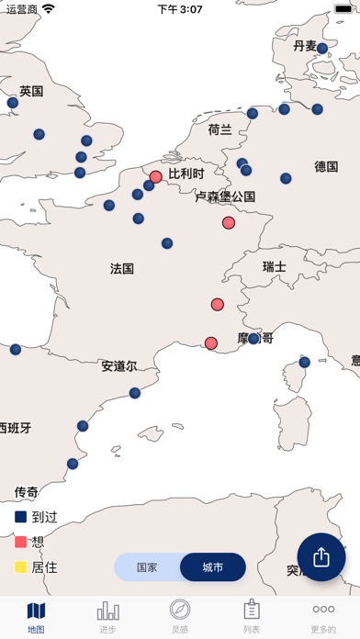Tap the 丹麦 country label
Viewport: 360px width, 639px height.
[x=304, y=46]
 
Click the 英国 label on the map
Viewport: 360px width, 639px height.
[x=31, y=91]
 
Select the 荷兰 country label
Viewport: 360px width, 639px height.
[x=220, y=129]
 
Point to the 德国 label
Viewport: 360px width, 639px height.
[x=326, y=166]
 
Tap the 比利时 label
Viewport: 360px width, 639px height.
[x=186, y=173]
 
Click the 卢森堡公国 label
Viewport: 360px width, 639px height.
[x=225, y=196]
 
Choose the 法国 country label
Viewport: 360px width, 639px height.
[x=122, y=269]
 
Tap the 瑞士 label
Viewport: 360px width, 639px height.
[x=275, y=266]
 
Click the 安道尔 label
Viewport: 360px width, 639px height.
[x=119, y=365]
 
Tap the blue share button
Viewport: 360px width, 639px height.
[x=321, y=557]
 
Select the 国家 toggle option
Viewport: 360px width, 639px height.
[x=147, y=567]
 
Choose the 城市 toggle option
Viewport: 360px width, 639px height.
[x=212, y=567]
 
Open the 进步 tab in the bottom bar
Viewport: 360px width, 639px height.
[x=108, y=616]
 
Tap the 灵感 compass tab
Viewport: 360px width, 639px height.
[x=180, y=616]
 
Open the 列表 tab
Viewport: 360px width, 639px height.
[x=252, y=616]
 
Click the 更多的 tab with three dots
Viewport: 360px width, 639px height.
[x=323, y=616]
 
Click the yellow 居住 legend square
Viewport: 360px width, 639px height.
[x=20, y=567]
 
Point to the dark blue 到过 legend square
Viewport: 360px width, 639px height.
[x=20, y=517]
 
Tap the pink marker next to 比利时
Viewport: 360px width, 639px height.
[x=156, y=176]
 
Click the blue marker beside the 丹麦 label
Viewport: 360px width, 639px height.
[x=322, y=49]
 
